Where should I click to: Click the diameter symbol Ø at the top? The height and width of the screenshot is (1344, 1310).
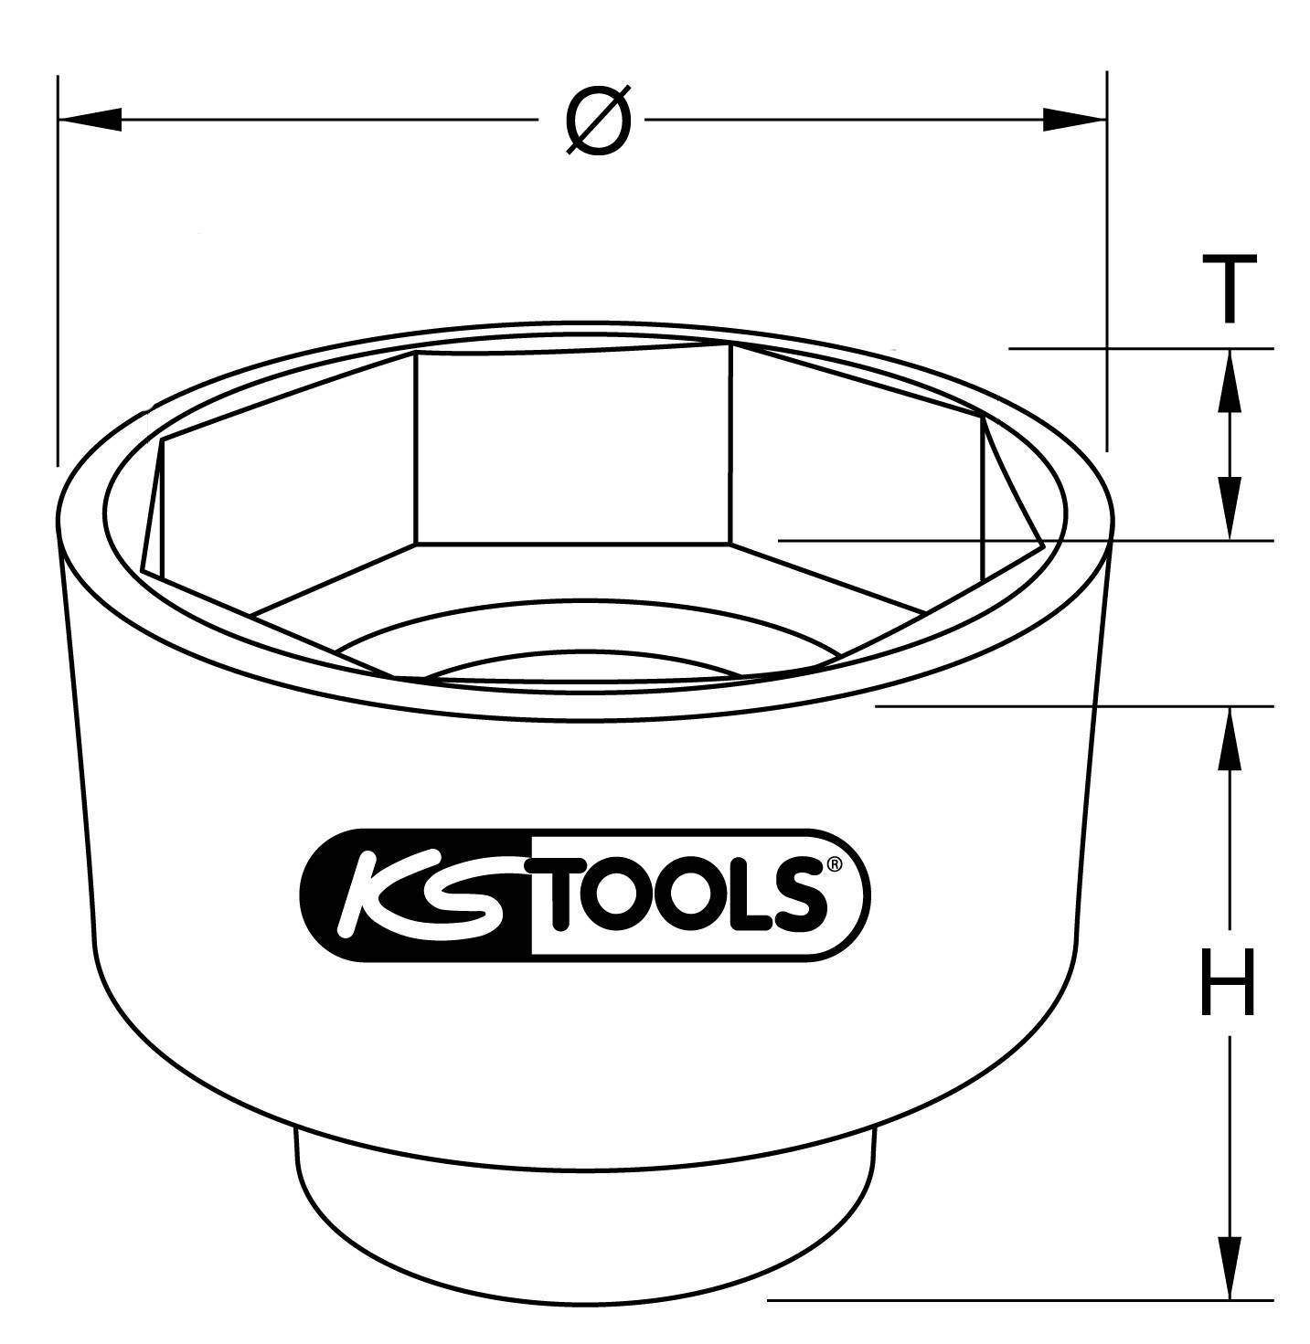598,121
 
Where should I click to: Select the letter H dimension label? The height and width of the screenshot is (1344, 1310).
1227,982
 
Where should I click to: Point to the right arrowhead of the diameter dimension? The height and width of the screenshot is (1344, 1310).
1074,120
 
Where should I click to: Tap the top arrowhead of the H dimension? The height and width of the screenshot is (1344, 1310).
1230,735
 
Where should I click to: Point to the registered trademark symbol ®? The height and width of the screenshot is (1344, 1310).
833,864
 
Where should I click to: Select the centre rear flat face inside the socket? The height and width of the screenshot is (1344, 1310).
572,448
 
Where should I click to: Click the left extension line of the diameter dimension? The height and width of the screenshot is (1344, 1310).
58,274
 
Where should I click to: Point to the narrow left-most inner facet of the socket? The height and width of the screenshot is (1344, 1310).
154,507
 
